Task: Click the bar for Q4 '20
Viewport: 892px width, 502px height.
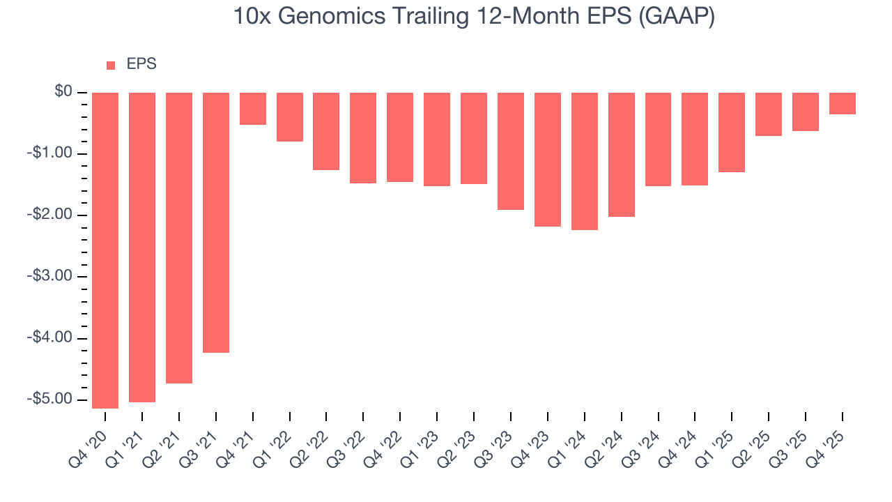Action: tap(105, 250)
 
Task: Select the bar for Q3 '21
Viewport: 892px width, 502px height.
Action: tap(216, 222)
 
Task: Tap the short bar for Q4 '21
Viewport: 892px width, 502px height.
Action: tap(253, 109)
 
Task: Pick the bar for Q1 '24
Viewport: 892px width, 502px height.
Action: tap(585, 161)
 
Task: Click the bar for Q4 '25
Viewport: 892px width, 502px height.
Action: tap(843, 103)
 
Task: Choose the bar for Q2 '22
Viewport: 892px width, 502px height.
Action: tap(326, 131)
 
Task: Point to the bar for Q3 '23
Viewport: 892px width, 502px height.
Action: tap(511, 151)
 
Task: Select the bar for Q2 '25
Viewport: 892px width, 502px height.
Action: tap(769, 114)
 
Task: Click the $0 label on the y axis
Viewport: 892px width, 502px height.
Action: tap(64, 92)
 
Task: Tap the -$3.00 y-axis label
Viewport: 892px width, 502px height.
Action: tap(51, 276)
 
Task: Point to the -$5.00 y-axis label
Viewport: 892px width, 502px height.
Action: tap(51, 399)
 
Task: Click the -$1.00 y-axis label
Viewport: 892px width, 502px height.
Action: tap(51, 153)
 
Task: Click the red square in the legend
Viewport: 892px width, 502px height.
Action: tap(111, 65)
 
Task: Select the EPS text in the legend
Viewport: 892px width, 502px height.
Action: tap(141, 64)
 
